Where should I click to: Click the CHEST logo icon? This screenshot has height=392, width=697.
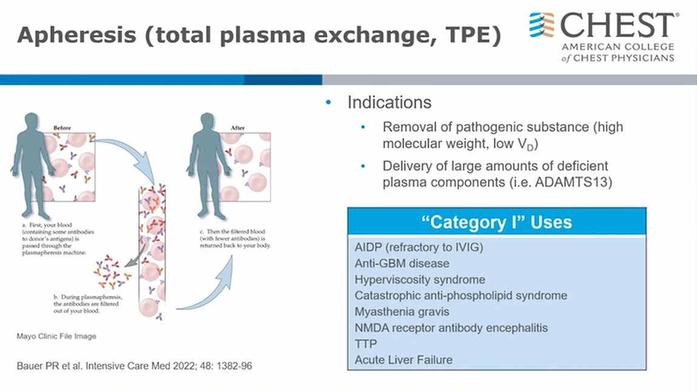[x=542, y=25]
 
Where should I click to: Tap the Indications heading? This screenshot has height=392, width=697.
[x=389, y=102]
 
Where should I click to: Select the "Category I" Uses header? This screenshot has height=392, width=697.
[x=496, y=222]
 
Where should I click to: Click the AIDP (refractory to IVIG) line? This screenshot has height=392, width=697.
[x=419, y=247]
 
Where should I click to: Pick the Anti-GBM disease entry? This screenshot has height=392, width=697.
[x=402, y=263]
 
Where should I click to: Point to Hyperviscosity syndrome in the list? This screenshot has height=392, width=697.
[x=419, y=279]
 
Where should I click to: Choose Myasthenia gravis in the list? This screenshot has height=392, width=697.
[x=402, y=311]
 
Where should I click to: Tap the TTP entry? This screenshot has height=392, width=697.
[x=365, y=344]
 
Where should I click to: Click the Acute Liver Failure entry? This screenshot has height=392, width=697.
[x=403, y=359]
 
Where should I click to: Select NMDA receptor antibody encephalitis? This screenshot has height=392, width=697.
[x=451, y=328]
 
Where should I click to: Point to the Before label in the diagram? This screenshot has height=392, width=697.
[x=62, y=128]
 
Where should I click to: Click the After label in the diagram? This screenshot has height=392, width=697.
[x=238, y=128]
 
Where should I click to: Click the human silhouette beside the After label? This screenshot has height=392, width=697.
[x=208, y=164]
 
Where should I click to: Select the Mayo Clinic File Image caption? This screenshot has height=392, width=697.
[x=56, y=336]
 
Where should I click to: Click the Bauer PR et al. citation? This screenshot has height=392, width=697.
[x=134, y=366]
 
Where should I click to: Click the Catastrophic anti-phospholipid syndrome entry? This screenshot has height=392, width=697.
[x=461, y=296]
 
